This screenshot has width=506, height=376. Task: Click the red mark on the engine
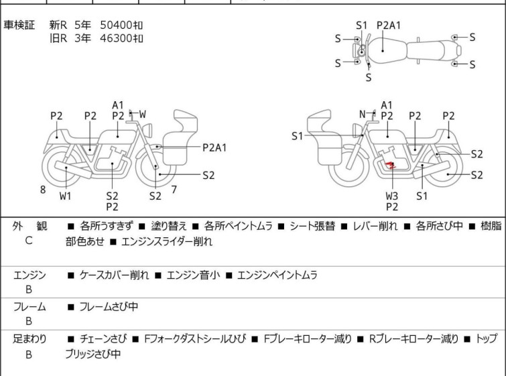391,166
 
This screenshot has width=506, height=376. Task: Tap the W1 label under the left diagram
65,196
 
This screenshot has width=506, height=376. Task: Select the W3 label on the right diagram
392,196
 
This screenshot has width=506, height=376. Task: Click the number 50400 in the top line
116,25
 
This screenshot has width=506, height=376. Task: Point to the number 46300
116,38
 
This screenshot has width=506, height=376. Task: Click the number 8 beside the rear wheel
43,190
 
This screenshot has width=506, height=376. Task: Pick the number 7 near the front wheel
174,190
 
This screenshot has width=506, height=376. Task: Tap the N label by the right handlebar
363,114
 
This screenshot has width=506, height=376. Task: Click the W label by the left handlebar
142,114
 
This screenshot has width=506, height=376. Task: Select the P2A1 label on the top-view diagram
389,25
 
